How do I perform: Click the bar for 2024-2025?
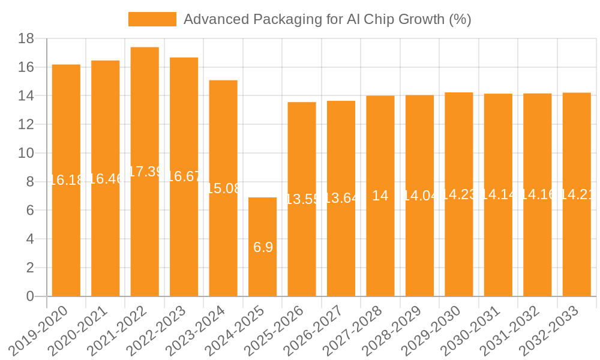262,270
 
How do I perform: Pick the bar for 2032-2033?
577,240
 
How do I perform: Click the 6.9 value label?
263,247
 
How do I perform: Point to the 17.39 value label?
145,172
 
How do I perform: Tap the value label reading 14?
380,196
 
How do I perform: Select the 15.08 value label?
223,188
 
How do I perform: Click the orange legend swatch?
152,19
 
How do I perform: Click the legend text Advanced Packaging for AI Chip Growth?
327,19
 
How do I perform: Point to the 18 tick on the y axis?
25,39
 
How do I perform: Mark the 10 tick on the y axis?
25,153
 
